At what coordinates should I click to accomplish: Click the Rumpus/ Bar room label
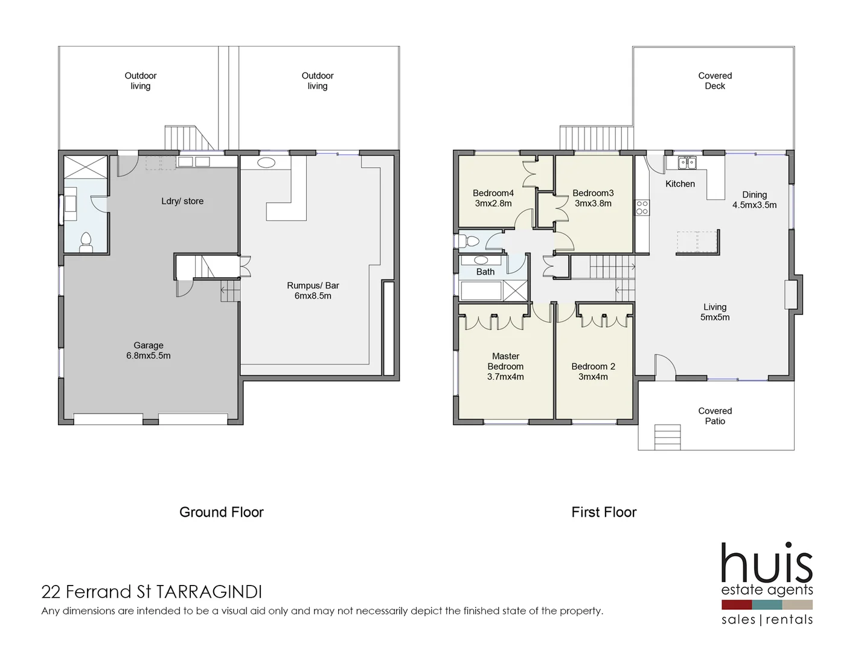tap(313, 290)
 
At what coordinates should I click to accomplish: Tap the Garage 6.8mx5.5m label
tap(149, 351)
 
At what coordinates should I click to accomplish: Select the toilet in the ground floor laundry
tap(86, 241)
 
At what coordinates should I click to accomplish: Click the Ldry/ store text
tap(182, 201)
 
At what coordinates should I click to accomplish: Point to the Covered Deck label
tap(715, 81)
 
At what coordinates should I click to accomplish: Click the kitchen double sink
tap(687, 162)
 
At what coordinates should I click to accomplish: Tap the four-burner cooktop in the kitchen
tap(642, 208)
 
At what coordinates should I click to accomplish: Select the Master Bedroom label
tap(505, 366)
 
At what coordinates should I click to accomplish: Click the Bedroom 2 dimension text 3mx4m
tap(593, 377)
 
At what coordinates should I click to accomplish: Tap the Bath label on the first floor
tap(485, 272)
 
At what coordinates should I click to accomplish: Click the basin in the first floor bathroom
tap(481, 260)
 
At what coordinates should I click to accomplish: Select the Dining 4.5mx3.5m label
tap(754, 200)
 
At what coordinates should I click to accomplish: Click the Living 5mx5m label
tap(715, 312)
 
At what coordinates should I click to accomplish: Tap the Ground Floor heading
tap(222, 512)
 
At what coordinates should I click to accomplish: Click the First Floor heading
tap(604, 512)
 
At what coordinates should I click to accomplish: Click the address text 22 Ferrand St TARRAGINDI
tap(152, 592)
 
